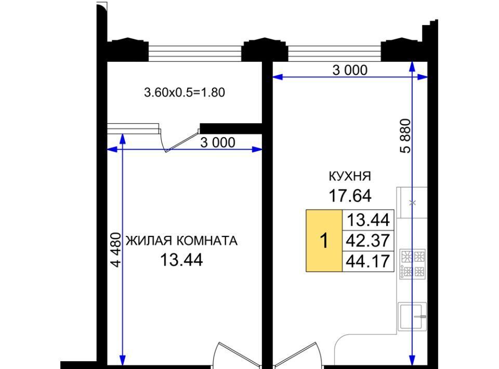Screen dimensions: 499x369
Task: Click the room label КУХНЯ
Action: [350, 176]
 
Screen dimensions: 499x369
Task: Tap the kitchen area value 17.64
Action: [350, 195]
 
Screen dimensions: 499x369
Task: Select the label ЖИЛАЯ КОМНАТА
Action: [182, 241]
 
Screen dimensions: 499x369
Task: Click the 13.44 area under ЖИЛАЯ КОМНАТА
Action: [181, 260]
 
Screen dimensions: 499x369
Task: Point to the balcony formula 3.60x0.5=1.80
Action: [185, 93]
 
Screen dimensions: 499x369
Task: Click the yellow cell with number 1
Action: [324, 241]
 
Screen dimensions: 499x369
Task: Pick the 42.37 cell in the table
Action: [368, 241]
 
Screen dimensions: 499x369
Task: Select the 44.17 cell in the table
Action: [368, 261]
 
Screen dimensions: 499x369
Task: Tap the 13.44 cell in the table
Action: [368, 220]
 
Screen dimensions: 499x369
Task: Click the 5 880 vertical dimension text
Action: [406, 136]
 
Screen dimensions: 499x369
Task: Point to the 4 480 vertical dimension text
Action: [115, 250]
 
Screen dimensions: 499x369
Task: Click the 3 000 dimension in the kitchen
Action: [350, 70]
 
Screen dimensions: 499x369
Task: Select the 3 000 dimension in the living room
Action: [218, 142]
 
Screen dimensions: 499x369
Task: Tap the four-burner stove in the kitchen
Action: [413, 264]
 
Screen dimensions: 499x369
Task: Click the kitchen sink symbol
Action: [412, 317]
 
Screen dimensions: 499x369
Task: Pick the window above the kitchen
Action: [334, 53]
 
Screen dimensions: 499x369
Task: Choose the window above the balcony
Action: [195, 53]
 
